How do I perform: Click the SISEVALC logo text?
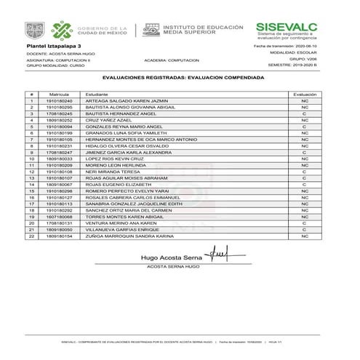point(286,26)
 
